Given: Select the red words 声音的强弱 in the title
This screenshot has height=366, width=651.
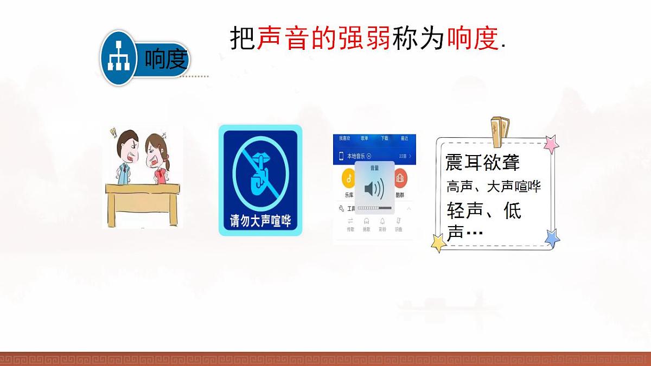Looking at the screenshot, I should point(323,38).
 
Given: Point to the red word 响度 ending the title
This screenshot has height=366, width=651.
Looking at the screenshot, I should point(472,38).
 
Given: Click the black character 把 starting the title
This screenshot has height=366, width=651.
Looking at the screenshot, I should point(242,38).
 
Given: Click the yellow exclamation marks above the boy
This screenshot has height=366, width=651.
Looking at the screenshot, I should point(113,132).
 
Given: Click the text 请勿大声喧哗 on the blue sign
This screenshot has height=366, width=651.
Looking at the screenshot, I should point(260,221).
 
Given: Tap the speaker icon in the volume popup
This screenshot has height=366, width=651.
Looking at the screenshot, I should point(374,189).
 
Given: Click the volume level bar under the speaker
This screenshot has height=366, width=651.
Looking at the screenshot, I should point(374,208).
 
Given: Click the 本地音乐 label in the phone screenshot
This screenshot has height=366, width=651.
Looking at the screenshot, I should point(355,156).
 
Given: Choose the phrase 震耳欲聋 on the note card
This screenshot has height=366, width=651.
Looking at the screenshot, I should point(482,163).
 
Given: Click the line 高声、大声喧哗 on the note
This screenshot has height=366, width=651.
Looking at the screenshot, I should point(493,187).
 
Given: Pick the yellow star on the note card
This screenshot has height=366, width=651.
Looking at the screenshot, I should point(439,242).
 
